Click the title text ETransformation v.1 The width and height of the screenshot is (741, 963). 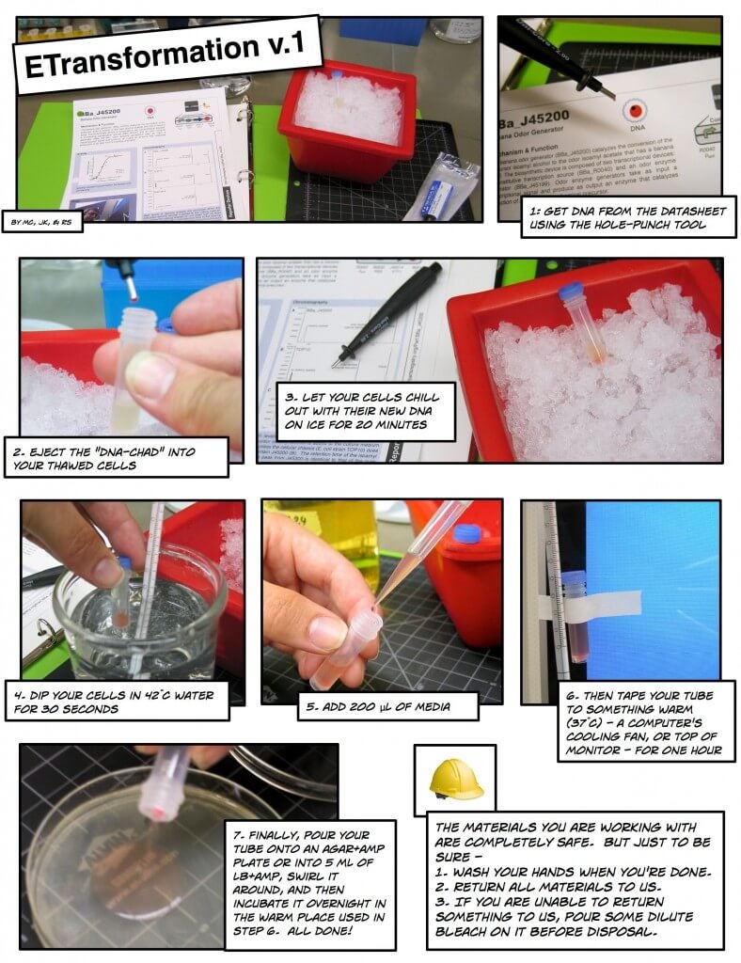click(167, 57)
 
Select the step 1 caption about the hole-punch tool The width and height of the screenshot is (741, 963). click(628, 218)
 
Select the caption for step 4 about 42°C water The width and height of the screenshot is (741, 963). click(122, 702)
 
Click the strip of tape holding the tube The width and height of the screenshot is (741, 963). click(602, 603)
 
